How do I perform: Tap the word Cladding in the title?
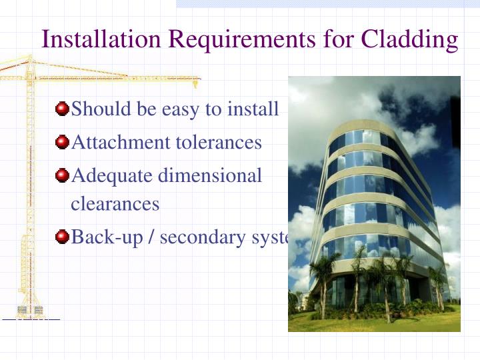coord(409,39)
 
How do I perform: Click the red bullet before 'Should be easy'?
coord(62,108)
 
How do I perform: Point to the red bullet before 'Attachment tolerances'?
coord(62,142)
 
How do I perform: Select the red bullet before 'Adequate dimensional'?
coord(62,175)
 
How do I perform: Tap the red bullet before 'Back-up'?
coord(62,237)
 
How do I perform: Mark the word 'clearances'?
coord(115,203)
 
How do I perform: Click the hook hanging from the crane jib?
coord(195,84)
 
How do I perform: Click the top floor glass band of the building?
coord(360,139)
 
